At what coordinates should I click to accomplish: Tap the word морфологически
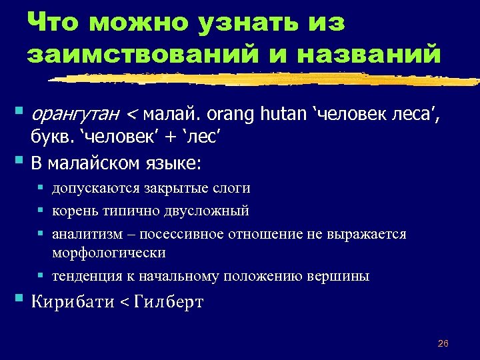tap(109, 253)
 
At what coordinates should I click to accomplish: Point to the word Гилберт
tap(169, 301)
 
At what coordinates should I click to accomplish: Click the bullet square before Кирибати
tap(17, 299)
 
